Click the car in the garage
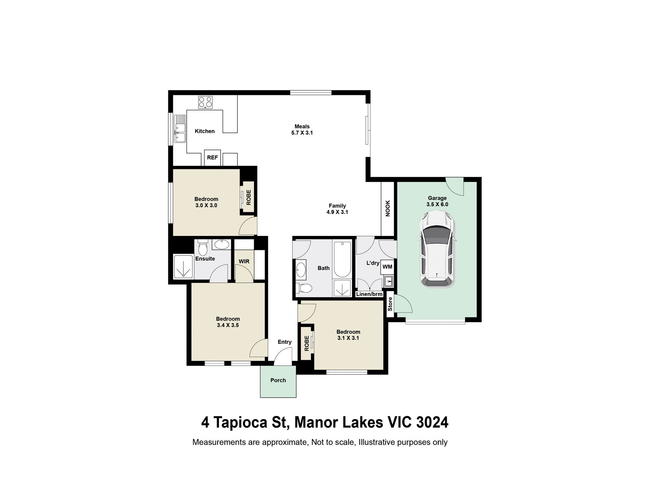(438, 249)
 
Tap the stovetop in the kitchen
(206, 102)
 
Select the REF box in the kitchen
(212, 158)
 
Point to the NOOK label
(388, 208)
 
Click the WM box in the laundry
(387, 267)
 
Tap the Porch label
(278, 380)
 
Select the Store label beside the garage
(390, 304)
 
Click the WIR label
(244, 261)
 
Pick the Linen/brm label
(369, 294)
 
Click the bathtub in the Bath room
(342, 259)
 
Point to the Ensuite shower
(184, 266)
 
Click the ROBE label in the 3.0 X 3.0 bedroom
(249, 197)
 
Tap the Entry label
(285, 342)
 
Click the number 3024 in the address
(432, 422)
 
